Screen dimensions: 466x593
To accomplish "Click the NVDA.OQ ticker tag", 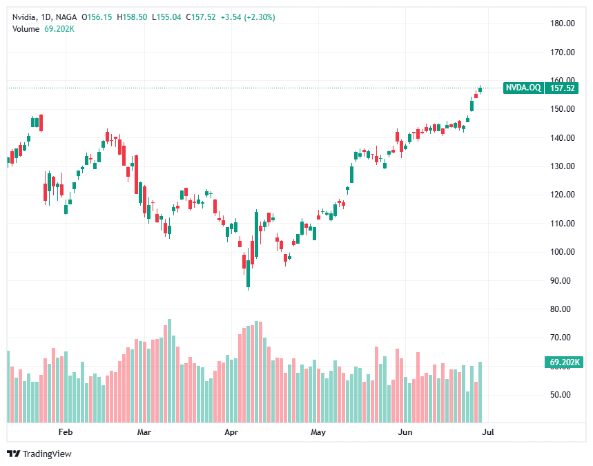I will tap(523, 88).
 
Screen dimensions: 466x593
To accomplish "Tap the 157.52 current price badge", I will tap(563, 88).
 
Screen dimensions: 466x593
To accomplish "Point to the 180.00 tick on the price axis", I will tap(563, 23).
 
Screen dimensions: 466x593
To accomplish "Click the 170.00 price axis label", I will tap(563, 52).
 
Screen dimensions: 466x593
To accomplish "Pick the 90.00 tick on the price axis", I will tap(563, 280).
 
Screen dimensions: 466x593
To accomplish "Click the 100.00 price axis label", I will tap(563, 252).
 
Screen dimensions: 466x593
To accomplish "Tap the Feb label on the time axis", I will tap(65, 433).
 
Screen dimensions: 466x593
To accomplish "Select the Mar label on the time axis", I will tap(144, 433).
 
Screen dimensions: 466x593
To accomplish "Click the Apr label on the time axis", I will tap(231, 433).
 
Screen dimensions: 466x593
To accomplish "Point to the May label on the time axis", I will tap(318, 433).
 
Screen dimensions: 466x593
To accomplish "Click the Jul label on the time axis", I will tap(487, 433).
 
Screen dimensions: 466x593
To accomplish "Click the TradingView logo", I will tap(39, 454).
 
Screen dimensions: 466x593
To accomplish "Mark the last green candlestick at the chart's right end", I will tap(480, 90).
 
